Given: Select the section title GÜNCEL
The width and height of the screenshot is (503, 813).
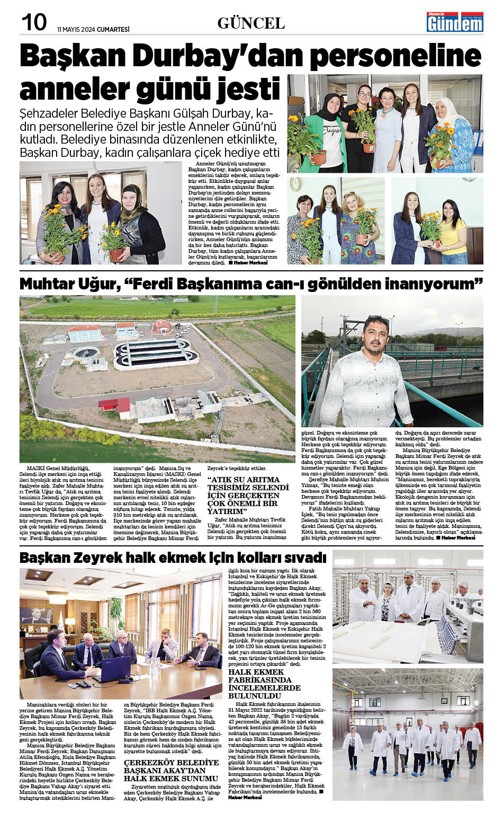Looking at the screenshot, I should [251, 23].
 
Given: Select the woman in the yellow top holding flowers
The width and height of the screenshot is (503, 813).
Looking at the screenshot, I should [457, 225].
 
